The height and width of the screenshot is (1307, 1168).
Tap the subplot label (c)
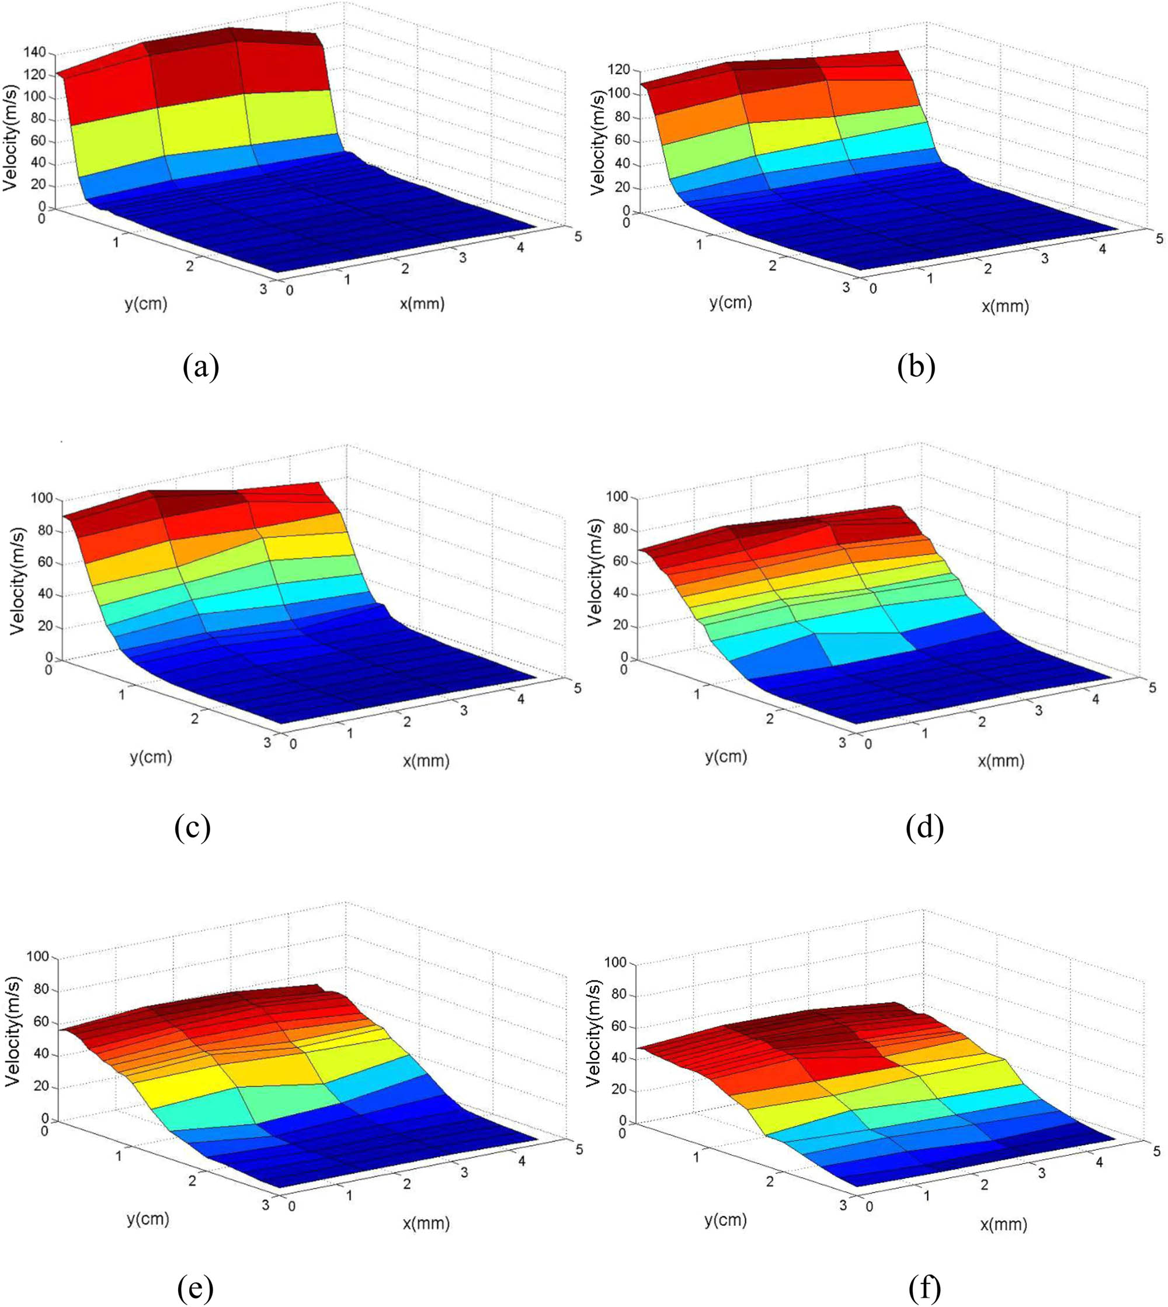click(193, 827)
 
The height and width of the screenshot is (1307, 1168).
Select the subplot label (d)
click(924, 828)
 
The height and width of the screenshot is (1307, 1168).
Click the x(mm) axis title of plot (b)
click(1005, 306)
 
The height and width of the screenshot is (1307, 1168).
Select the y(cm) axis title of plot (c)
click(151, 757)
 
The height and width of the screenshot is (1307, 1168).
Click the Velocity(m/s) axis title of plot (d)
click(596, 574)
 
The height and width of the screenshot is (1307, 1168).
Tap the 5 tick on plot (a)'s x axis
click(578, 236)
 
